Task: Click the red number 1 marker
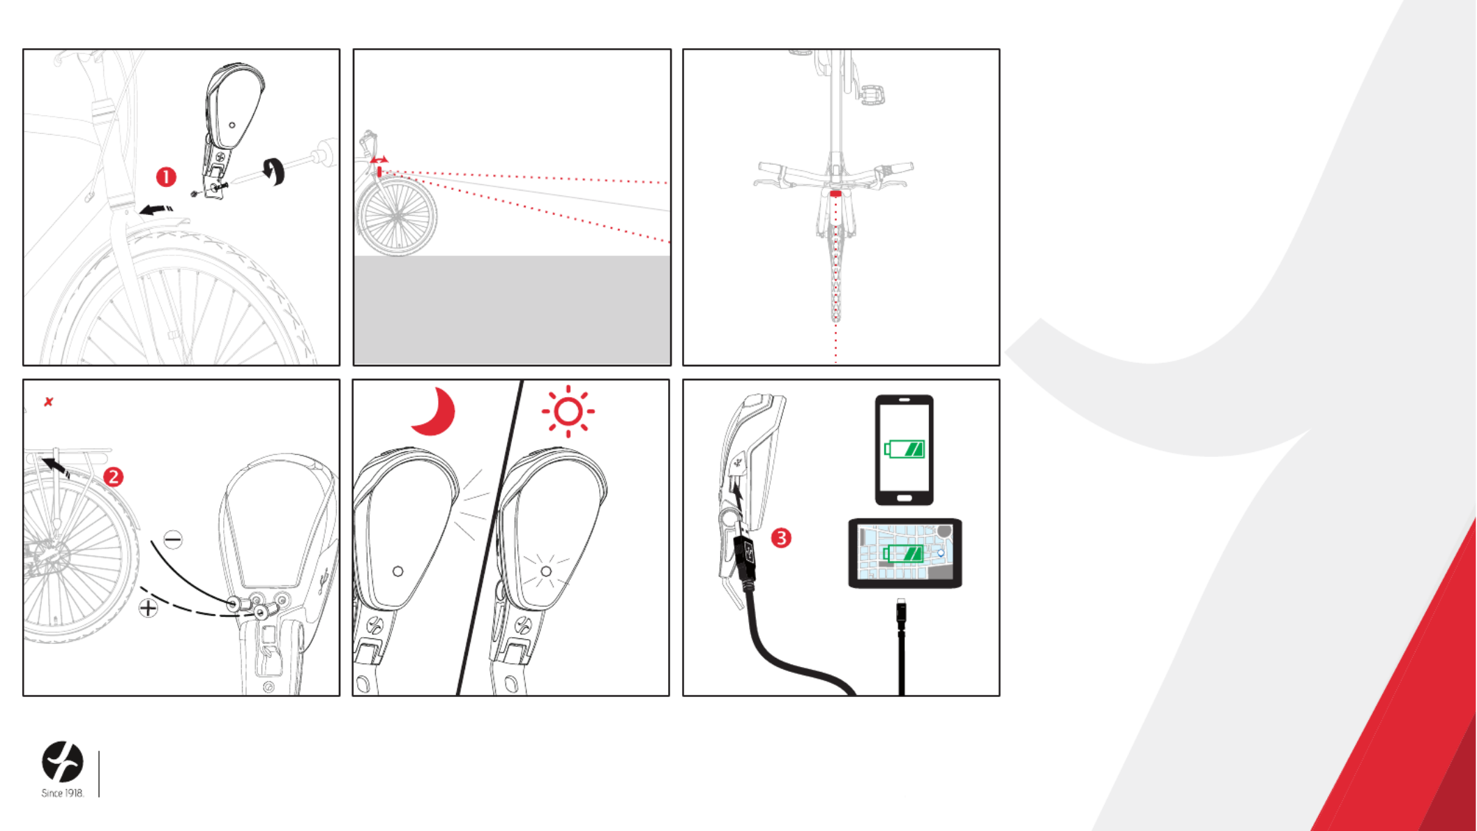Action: pos(166,177)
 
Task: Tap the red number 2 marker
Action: pos(114,477)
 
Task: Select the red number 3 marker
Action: pos(781,538)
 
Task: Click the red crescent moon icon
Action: pos(434,412)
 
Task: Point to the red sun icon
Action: pos(568,412)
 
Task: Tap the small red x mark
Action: pos(49,402)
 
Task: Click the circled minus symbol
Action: pos(173,539)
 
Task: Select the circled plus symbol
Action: pos(148,608)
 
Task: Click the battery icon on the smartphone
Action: pos(904,449)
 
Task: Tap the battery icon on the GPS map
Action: pos(904,554)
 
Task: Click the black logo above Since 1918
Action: pos(63,762)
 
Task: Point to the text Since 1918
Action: pos(63,793)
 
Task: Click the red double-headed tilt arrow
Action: pos(379,160)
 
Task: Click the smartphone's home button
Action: pos(904,498)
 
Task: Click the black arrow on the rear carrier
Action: pos(56,466)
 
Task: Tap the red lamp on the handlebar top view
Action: pos(835,193)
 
